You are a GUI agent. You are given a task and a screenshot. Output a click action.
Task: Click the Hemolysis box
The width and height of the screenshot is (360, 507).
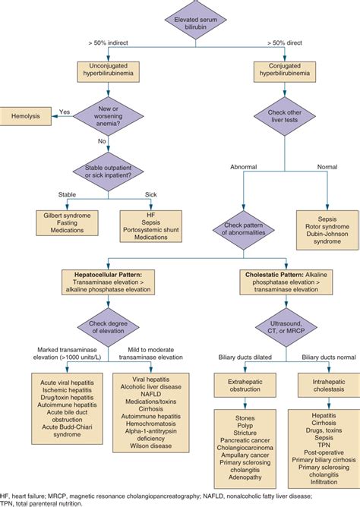point(28,117)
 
